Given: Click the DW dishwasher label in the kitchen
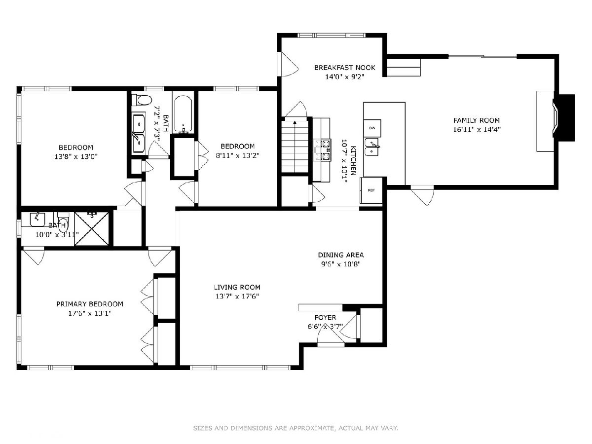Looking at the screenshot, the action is tap(372, 128).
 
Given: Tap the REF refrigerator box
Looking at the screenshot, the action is tap(371, 190).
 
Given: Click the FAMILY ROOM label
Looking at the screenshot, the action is tap(476, 120).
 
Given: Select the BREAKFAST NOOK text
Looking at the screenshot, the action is tap(345, 68).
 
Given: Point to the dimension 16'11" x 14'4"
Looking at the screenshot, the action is tap(477, 129).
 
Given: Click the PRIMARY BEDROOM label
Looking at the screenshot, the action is tap(90, 304).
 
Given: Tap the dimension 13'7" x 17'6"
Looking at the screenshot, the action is tap(237, 296).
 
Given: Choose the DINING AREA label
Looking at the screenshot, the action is tap(341, 255).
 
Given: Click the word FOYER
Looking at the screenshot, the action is tap(325, 318).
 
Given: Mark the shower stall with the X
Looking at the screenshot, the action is tap(92, 229).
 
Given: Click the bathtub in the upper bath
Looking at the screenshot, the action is tap(183, 114).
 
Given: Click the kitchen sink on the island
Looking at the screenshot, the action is tap(372, 147).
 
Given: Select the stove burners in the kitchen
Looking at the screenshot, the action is tap(322, 150).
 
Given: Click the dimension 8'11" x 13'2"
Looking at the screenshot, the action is tap(238, 155).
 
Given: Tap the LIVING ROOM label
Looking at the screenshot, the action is tap(237, 287).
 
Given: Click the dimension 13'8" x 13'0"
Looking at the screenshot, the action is tap(76, 156).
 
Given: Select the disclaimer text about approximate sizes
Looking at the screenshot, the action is tap(296, 428).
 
